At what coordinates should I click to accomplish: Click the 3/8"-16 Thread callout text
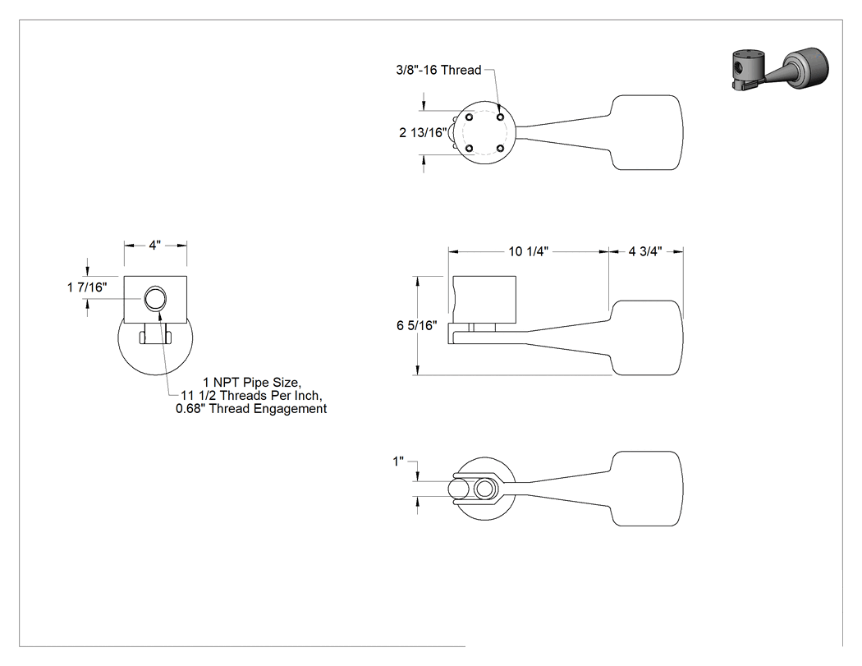pyautogui.click(x=438, y=70)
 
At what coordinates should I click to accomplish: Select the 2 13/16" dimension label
pyautogui.click(x=423, y=132)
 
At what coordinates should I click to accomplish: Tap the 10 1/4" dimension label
pyautogui.click(x=529, y=251)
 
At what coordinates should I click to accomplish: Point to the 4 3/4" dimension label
pyautogui.click(x=644, y=251)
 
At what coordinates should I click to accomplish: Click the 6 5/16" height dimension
pyautogui.click(x=417, y=325)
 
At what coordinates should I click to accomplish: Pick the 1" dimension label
pyautogui.click(x=398, y=462)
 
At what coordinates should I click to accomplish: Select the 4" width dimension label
pyautogui.click(x=155, y=245)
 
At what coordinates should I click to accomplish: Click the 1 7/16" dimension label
pyautogui.click(x=87, y=287)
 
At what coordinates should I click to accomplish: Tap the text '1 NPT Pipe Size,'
pyautogui.click(x=252, y=382)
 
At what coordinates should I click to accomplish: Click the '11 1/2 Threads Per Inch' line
pyautogui.click(x=251, y=396)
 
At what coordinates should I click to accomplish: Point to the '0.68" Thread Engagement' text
pyautogui.click(x=251, y=409)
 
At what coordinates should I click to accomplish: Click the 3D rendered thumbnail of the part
pyautogui.click(x=780, y=69)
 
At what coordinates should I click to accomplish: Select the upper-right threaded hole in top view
pyautogui.click(x=500, y=117)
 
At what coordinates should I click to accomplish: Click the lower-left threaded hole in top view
pyautogui.click(x=470, y=148)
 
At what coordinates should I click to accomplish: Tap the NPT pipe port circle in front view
pyautogui.click(x=155, y=299)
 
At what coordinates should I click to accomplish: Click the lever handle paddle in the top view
pyautogui.click(x=647, y=132)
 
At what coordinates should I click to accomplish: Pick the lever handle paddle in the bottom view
pyautogui.click(x=647, y=489)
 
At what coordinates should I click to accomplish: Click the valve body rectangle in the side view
pyautogui.click(x=484, y=299)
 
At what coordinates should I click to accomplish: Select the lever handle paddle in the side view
pyautogui.click(x=647, y=338)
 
